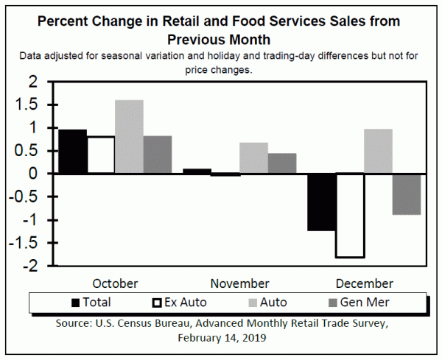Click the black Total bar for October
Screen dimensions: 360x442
click(72, 151)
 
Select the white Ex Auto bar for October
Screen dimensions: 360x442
click(100, 155)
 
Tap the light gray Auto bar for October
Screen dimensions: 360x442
click(129, 136)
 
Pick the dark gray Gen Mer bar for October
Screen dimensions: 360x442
click(157, 155)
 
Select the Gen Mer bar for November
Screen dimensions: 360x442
click(282, 163)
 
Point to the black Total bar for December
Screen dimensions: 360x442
click(321, 202)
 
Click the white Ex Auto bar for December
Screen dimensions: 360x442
click(350, 215)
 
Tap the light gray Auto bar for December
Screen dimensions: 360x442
click(378, 151)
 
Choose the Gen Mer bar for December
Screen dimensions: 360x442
click(406, 194)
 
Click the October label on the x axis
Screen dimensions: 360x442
click(116, 283)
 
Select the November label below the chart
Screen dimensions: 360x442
click(240, 283)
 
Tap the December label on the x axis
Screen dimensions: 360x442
click(364, 283)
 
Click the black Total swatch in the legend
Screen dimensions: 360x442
click(75, 302)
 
